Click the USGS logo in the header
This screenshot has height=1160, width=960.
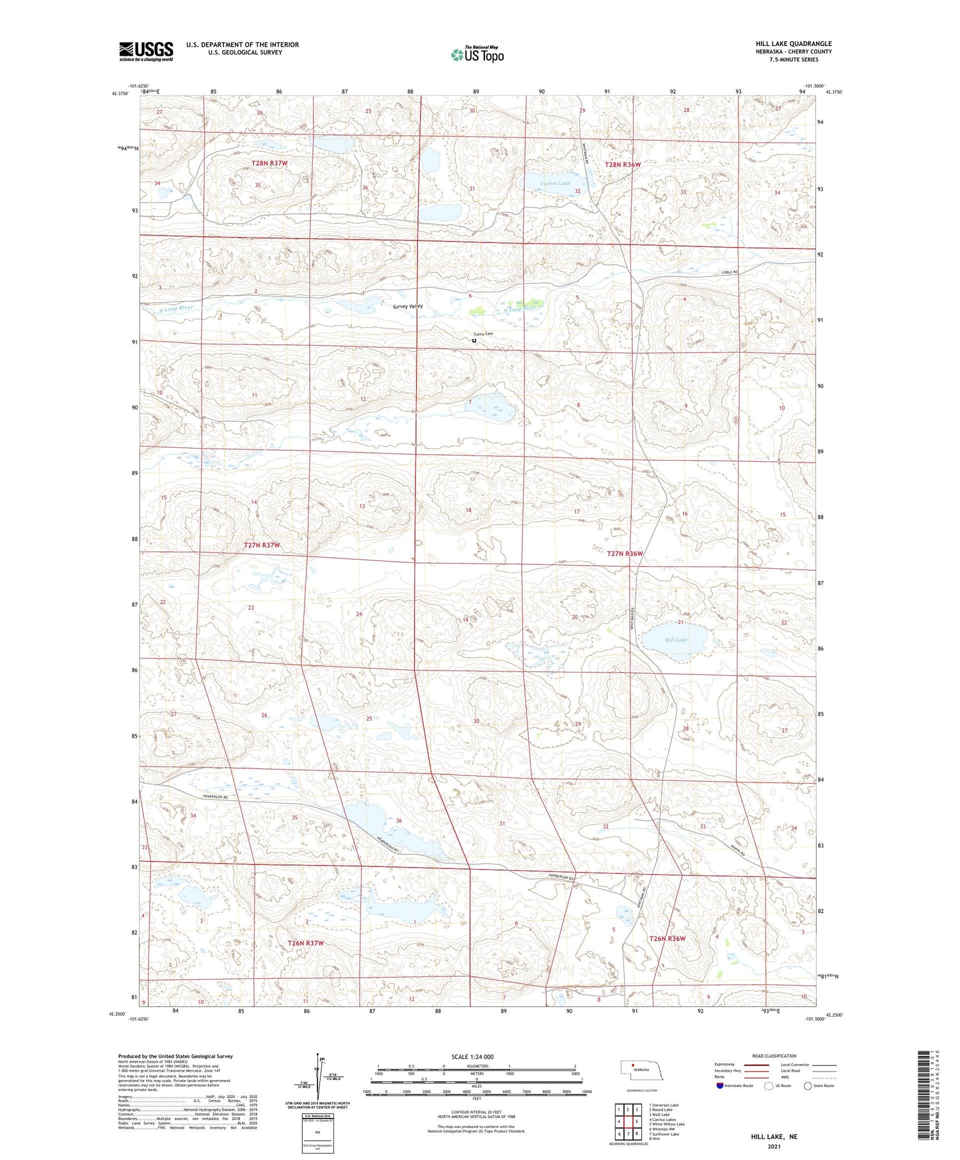146,51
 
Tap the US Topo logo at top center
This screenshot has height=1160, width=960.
477,54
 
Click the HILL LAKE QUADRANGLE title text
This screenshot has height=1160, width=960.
793,44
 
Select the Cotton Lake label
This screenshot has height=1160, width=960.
554,184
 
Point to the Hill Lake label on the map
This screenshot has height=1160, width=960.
676,639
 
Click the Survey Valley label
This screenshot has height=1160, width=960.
408,306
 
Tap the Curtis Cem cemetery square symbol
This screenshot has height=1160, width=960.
474,341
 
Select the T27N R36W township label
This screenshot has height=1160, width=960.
624,553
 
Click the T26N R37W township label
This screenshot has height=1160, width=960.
305,943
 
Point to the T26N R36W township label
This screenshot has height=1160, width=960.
668,938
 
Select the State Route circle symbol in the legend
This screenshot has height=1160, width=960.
808,1085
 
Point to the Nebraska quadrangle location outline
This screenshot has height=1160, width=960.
636,1069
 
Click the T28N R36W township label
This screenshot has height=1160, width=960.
623,164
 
